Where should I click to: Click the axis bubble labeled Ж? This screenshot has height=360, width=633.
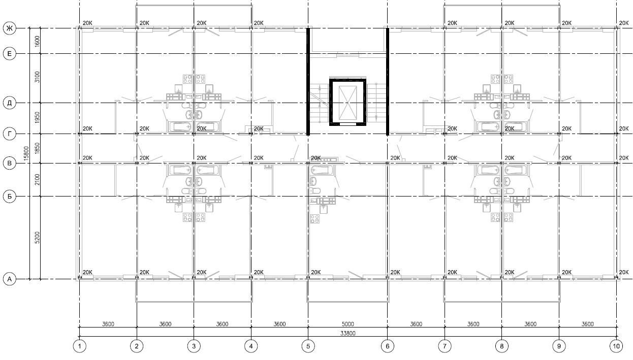pos(10,28)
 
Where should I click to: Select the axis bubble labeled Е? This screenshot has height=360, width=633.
pos(10,54)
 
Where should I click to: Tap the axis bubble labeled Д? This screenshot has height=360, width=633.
pos(10,103)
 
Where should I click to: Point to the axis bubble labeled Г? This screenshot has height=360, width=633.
pos(10,134)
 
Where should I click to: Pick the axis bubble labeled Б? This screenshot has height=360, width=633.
pos(10,196)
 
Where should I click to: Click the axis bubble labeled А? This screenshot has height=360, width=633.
pos(10,279)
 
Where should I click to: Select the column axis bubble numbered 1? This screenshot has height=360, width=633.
pos(80,346)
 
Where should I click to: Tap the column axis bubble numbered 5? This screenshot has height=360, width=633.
pos(308,346)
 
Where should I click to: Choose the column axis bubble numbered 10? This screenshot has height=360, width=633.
pos(616,346)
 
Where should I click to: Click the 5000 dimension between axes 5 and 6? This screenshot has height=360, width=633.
pos(347,324)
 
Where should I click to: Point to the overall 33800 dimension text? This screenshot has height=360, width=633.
pos(347,334)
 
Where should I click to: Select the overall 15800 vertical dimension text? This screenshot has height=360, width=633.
pos(26,153)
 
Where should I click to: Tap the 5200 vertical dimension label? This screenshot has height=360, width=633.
pos(37,238)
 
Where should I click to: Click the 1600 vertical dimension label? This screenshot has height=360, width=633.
pos(37,42)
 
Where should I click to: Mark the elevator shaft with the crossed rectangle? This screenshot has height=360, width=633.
pos(347,102)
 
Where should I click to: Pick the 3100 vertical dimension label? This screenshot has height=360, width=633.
pos(37,77)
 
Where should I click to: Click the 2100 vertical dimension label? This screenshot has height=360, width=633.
pos(37,180)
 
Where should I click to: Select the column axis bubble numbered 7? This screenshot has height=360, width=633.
pos(445,346)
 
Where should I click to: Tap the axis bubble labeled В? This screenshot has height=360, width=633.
pos(10,163)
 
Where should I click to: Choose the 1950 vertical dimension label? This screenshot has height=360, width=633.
pos(37,117)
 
